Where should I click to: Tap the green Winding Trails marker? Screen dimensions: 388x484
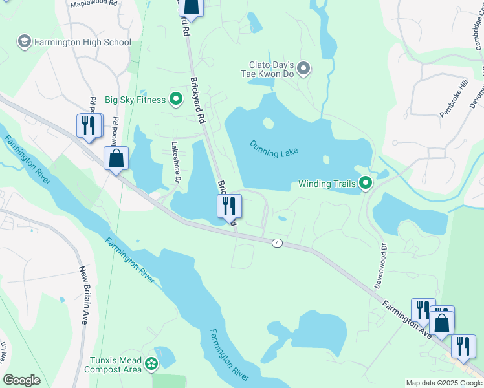pos(366,184)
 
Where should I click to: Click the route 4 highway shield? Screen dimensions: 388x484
pos(277,242)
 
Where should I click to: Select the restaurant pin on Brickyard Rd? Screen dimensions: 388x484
pos(229,206)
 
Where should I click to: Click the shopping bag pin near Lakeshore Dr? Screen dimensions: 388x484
pos(116,158)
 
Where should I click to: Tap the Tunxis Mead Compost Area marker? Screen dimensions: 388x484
pos(151,365)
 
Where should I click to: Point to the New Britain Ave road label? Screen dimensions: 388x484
pos(84,295)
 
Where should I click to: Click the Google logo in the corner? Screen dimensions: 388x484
pos(21,380)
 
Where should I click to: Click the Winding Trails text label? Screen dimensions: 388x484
pos(327,184)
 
